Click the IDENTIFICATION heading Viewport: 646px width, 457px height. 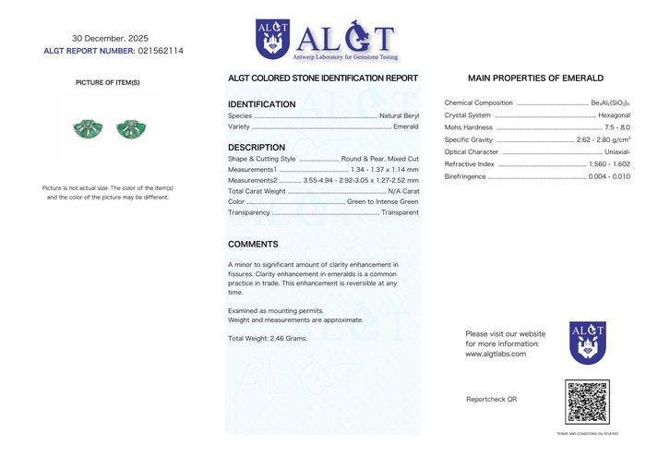[261, 104]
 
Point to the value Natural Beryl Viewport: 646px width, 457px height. [399, 115]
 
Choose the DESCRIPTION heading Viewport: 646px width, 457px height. [257, 148]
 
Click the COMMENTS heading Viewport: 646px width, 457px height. [253, 245]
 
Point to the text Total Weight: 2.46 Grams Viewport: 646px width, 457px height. [268, 339]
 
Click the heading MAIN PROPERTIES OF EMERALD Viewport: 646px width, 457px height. [535, 78]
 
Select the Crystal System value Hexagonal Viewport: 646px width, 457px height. [614, 115]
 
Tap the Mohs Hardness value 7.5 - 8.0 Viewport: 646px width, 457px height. [617, 127]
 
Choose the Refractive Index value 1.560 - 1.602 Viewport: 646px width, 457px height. [609, 163]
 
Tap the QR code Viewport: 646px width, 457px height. [587, 403]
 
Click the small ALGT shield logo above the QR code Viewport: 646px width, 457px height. [587, 342]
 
